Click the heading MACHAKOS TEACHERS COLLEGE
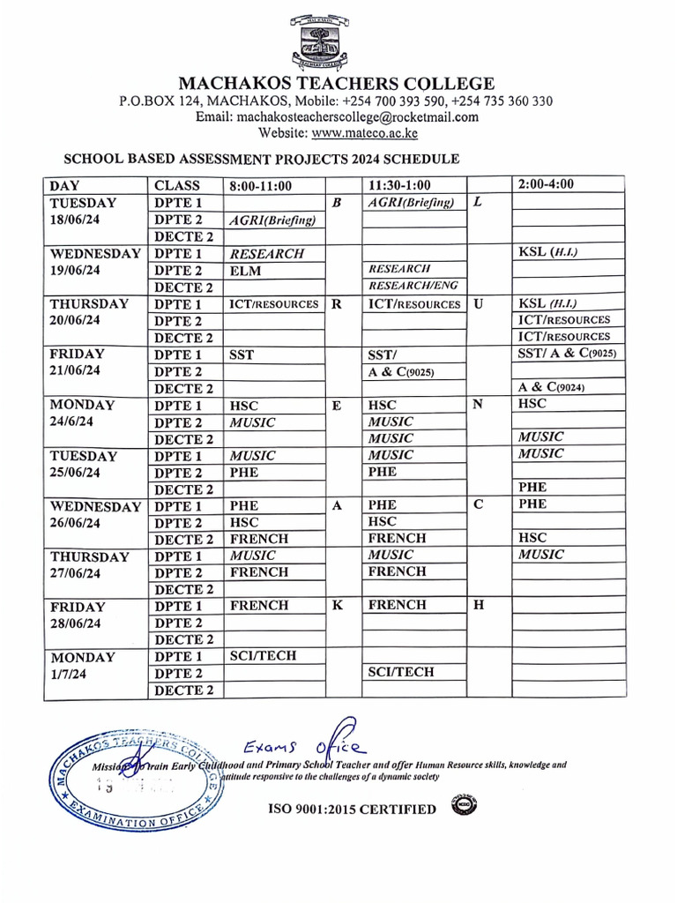(337, 84)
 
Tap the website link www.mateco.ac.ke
(364, 133)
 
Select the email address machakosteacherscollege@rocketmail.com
(337, 117)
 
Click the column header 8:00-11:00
(260, 185)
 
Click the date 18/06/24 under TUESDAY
(76, 220)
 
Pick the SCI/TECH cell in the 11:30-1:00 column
(401, 672)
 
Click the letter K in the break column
(336, 606)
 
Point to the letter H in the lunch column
(479, 606)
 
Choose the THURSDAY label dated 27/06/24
(89, 556)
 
